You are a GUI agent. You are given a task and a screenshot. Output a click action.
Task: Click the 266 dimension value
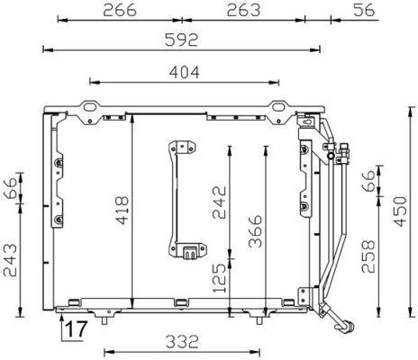[x=119, y=10]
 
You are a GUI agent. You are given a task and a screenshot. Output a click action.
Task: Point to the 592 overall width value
[x=181, y=40]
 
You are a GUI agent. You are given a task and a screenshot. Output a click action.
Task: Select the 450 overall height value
[x=406, y=211]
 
